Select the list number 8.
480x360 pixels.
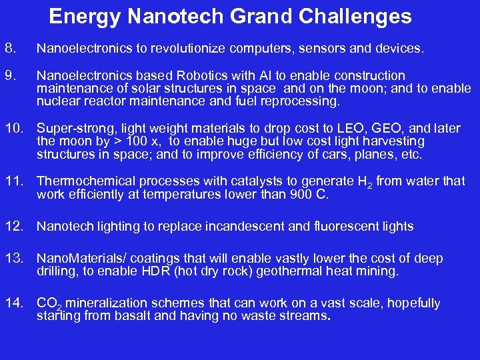click(x=9, y=48)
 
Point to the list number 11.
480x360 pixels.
click(x=15, y=181)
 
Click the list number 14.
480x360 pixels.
click(x=15, y=304)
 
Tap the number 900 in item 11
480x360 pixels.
click(x=302, y=194)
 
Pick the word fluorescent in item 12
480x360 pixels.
click(x=353, y=227)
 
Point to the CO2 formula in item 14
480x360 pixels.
click(x=48, y=305)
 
